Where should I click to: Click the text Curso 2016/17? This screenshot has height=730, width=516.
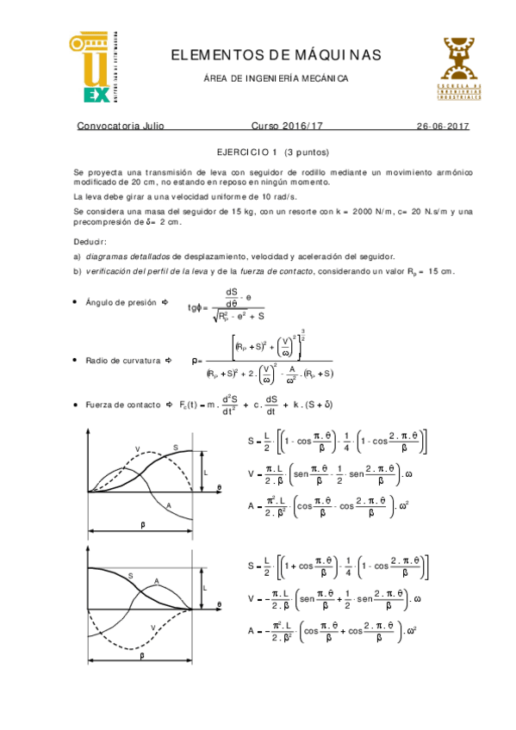coord(284,126)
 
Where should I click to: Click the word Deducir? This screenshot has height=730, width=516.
coord(90,241)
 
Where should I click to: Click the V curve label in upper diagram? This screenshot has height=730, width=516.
coord(137,449)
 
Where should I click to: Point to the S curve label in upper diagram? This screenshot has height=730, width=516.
coord(175,447)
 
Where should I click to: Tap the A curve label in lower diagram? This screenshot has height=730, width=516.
coord(156,582)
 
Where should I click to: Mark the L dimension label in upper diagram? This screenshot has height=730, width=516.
coord(205,473)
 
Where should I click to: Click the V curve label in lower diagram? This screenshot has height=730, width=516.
coord(152,627)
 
